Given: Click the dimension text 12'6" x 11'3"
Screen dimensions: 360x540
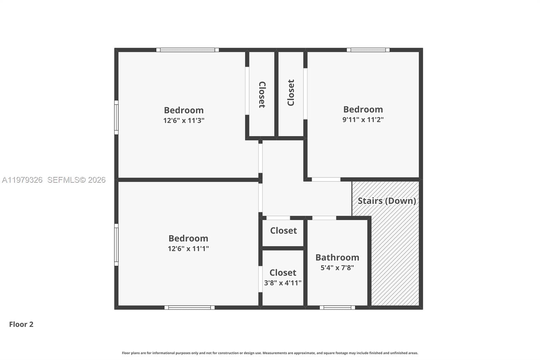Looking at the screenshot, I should pos(184,121).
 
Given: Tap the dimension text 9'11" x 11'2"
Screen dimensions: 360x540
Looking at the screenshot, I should pos(363,120).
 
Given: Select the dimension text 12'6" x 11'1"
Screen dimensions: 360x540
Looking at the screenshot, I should pos(188,249).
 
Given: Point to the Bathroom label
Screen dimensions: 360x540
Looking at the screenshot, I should pos(337,257).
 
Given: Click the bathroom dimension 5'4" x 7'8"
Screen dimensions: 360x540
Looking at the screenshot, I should pos(337,268).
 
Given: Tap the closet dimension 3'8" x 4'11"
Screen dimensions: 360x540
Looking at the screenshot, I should pos(282,283).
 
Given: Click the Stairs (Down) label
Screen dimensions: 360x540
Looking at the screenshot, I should pos(386,201).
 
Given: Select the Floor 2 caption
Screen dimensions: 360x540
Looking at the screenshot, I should pos(21,324).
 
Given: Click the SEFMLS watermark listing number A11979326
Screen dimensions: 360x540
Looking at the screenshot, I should pos(22,180).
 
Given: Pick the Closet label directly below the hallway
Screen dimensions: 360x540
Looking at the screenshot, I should pos(283,231).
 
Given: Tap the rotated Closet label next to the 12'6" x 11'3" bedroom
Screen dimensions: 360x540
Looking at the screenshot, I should pos(262,95).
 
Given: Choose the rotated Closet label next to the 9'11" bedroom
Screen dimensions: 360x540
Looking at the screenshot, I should pos(291,93).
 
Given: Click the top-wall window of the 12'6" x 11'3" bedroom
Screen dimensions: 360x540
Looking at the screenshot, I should pos(187,50).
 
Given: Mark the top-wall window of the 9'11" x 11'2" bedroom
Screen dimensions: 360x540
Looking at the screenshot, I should pos(368,50).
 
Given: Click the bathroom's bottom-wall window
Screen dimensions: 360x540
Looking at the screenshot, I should pos(337,308).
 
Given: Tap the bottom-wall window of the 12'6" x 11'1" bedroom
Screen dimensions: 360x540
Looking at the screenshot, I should pos(189,308).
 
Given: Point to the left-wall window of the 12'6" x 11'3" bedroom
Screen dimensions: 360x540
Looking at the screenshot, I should pos(116,117).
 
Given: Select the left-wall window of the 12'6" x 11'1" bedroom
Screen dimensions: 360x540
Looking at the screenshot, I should pos(116,245).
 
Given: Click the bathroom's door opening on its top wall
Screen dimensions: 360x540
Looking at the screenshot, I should pos(324,218).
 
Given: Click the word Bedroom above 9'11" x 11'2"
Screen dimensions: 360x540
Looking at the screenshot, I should pos(363,109).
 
